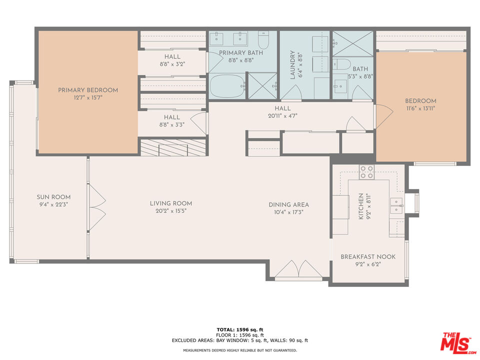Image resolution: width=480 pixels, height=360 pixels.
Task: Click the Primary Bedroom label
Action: coord(88,90)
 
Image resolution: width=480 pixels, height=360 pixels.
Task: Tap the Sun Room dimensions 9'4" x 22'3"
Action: coord(53,204)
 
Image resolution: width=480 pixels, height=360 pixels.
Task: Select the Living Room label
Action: coord(171,203)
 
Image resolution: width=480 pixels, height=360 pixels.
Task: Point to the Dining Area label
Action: coord(288,204)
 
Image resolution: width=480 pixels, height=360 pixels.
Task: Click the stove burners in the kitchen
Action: coord(366,172)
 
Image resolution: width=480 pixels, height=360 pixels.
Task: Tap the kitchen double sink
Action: coord(396,205)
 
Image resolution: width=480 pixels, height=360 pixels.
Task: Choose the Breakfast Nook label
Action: coord(368,257)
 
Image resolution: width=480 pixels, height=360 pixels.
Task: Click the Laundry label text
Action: coord(292,65)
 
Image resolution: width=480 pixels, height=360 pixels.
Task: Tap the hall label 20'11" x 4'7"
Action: coord(282,115)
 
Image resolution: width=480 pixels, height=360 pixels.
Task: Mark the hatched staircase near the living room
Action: coord(173,147)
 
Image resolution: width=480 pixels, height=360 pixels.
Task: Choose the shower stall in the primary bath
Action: coord(262,85)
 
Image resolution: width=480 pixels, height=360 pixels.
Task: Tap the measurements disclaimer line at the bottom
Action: coord(240,350)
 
